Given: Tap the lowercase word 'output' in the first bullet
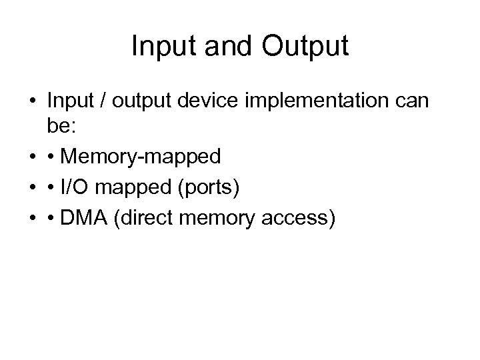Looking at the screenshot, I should [x=142, y=101].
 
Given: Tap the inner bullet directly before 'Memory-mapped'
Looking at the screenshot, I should [x=51, y=157].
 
